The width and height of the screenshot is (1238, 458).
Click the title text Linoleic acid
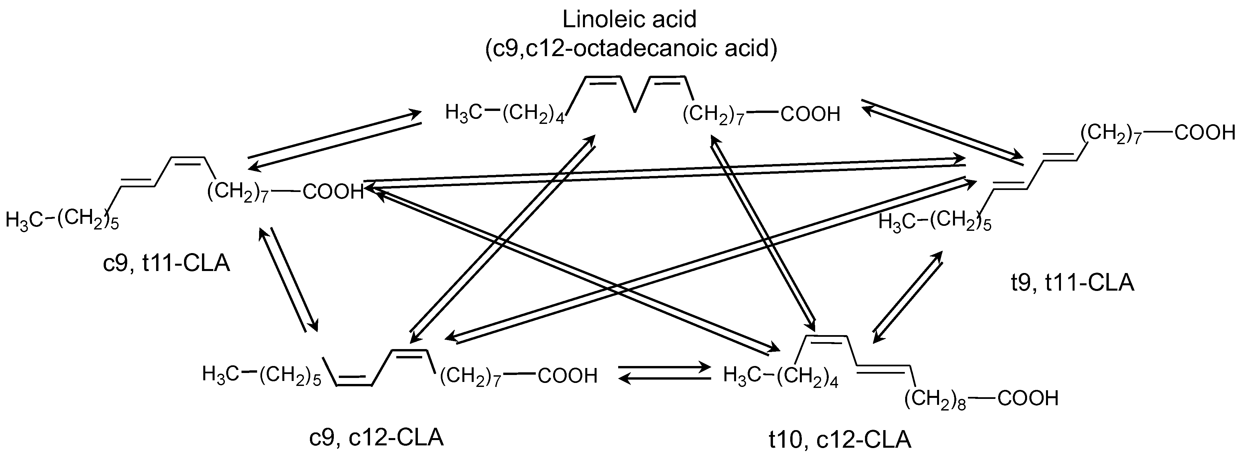pos(629,20)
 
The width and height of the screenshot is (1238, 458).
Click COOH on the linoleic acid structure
pos(810,114)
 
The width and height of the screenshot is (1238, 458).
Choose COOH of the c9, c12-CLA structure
pos(567,376)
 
